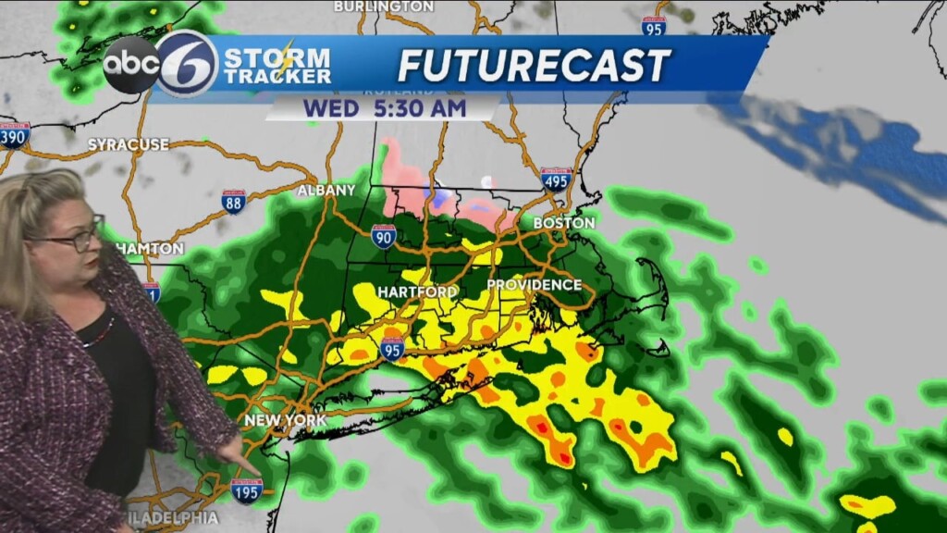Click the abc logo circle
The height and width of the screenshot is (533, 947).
pyautogui.click(x=130, y=65)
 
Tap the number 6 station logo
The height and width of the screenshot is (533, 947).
pyautogui.click(x=187, y=64)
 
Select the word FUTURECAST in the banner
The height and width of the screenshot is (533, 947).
pyautogui.click(x=534, y=66)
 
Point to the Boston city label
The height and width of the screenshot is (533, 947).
pyautogui.click(x=564, y=223)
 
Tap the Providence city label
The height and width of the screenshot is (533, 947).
pyautogui.click(x=534, y=285)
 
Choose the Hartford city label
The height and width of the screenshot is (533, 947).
pyautogui.click(x=417, y=291)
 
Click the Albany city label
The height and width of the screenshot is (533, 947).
pyautogui.click(x=326, y=191)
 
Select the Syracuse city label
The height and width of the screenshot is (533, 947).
pyautogui.click(x=129, y=144)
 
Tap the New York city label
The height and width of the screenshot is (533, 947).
pyautogui.click(x=285, y=420)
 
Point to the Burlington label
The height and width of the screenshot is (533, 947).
pyautogui.click(x=383, y=6)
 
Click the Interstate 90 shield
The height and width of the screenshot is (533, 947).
pyautogui.click(x=384, y=237)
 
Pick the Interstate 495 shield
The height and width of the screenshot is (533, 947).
pyautogui.click(x=556, y=179)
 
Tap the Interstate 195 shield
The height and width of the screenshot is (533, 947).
pyautogui.click(x=247, y=490)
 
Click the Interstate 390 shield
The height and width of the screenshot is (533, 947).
pyautogui.click(x=15, y=134)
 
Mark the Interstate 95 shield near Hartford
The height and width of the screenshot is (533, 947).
pyautogui.click(x=392, y=349)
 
